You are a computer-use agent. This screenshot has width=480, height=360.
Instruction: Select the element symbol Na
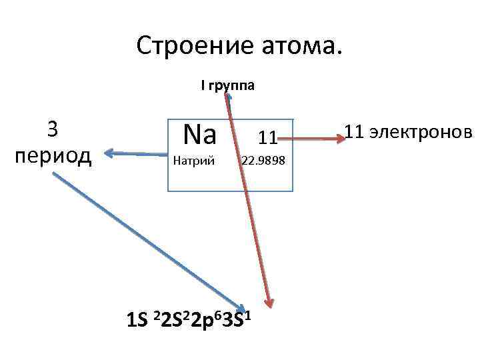point(200,135)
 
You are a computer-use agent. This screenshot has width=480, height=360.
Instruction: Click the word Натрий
point(193,161)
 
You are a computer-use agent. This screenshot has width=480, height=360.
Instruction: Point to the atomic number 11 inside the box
point(268,138)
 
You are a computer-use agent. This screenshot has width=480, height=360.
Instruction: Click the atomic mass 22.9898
point(263,161)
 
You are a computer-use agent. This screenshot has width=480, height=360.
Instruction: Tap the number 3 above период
point(53,129)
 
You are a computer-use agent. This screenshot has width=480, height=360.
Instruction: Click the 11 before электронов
point(354,132)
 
